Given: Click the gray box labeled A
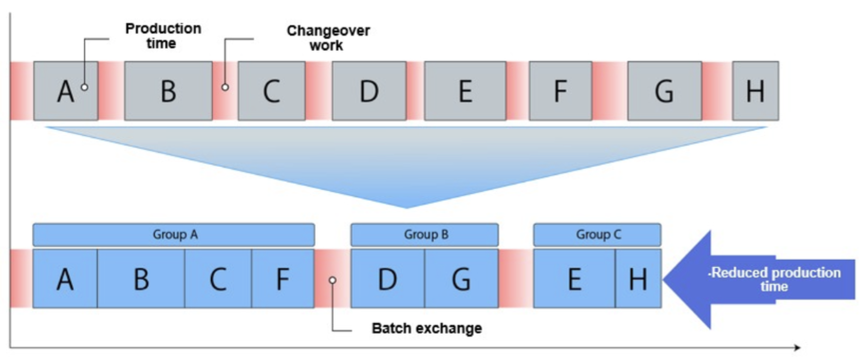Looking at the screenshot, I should (65, 91).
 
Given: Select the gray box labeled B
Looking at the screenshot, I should (168, 91).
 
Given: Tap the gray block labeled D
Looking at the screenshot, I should (369, 91).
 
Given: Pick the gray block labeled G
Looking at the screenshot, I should (664, 91).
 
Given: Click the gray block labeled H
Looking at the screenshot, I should (755, 91).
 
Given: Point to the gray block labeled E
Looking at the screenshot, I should (465, 91).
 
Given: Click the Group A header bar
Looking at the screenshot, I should (173, 235).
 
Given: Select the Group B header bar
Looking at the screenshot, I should (424, 235).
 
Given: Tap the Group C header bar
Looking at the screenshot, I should (597, 235).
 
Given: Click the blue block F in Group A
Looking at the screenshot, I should (283, 279).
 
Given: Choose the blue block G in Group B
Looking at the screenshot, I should (461, 279).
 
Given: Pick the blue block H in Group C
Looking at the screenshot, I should (638, 279).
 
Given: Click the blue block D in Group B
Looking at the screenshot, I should (387, 279).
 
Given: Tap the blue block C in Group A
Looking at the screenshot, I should (218, 279).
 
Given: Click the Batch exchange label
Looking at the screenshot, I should (426, 329).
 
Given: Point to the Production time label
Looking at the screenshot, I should (163, 36).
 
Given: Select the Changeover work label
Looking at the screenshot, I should (328, 38).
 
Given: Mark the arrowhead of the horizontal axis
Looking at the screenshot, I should (797, 347).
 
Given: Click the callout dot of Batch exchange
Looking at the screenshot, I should (332, 280).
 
